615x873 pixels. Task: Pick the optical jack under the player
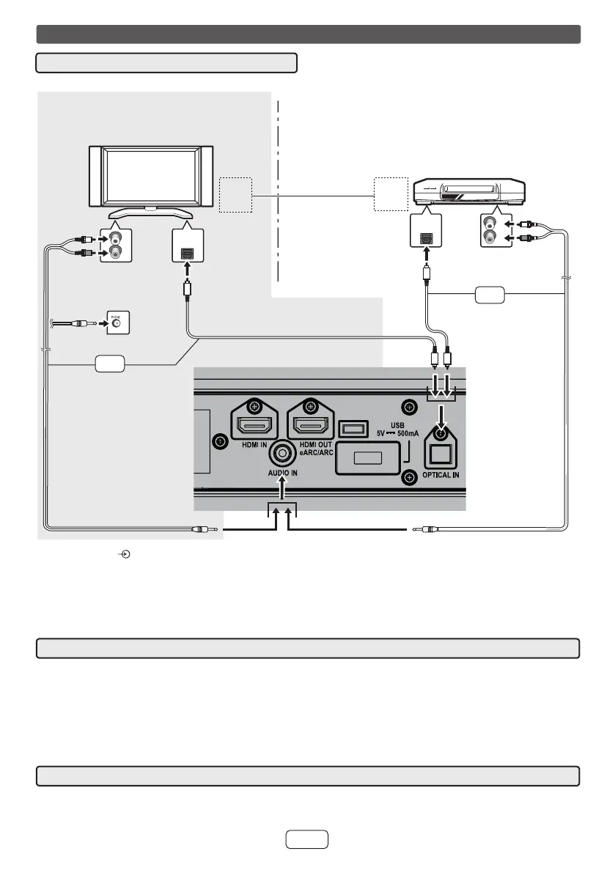425,236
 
